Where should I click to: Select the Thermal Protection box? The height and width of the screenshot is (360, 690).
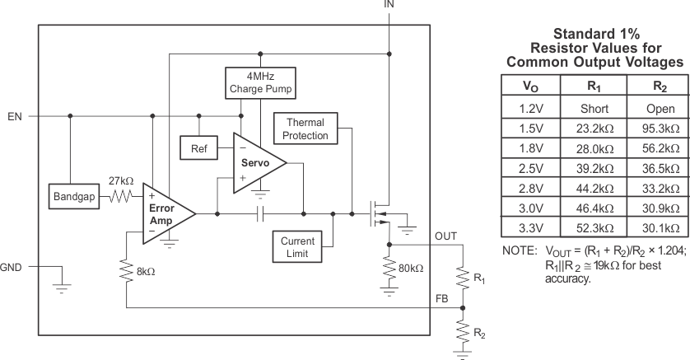(305, 129)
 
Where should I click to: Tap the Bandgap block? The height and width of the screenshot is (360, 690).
(74, 198)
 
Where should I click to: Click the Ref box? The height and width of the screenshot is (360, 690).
(198, 149)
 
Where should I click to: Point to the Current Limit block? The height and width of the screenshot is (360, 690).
(297, 246)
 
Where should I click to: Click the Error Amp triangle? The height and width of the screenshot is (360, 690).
(166, 213)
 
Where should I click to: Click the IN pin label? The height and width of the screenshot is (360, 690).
(389, 5)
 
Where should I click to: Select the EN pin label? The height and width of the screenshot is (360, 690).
(14, 116)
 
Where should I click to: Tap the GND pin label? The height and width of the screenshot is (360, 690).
(12, 267)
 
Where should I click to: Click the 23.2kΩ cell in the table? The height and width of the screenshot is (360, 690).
(593, 129)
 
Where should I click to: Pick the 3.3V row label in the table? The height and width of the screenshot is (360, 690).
(531, 227)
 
